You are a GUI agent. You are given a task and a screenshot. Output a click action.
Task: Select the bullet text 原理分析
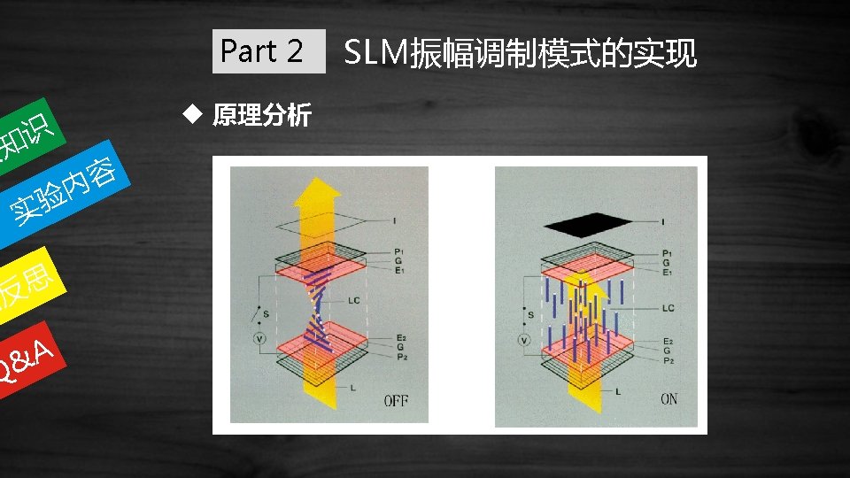(x=262, y=116)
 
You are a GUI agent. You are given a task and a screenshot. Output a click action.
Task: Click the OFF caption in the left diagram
(x=396, y=400)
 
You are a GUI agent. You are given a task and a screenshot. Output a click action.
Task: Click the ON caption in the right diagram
(x=668, y=399)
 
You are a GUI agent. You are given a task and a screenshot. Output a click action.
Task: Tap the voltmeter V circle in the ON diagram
(x=524, y=340)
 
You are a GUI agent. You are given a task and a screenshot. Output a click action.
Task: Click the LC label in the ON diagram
(x=668, y=308)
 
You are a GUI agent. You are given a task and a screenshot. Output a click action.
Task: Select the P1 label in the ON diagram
(x=667, y=252)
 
